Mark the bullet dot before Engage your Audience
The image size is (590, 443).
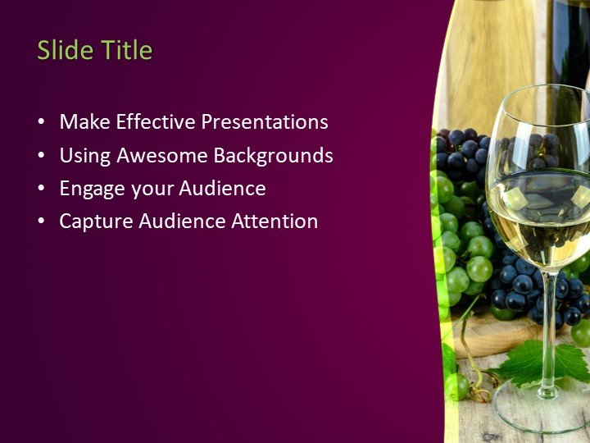[41, 190]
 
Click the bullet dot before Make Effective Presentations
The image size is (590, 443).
[41, 123]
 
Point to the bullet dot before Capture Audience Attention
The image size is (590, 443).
[41, 222]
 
